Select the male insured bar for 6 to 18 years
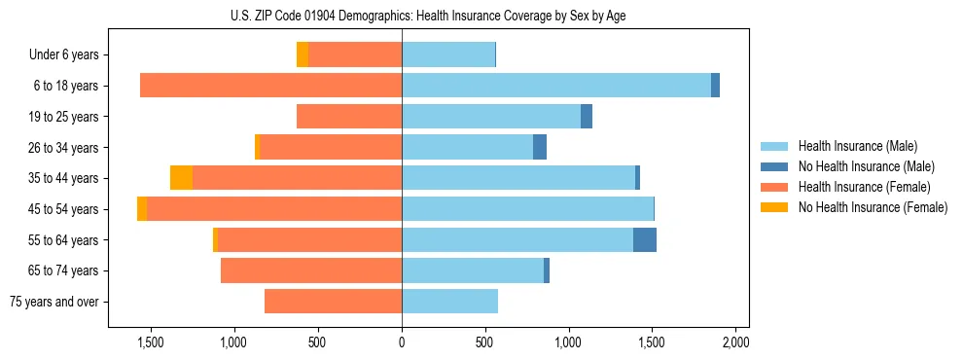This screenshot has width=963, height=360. pos(555,86)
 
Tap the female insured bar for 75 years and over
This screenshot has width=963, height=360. pos(333,302)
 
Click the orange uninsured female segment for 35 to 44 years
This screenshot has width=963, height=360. pos(181,178)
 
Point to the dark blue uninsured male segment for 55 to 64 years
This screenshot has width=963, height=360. pos(645,240)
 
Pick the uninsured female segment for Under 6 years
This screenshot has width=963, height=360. pos(303,55)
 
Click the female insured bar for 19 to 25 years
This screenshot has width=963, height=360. pos(349,117)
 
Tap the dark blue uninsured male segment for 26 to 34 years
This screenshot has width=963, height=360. pos(540,148)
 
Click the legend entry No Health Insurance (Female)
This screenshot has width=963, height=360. pos(873,207)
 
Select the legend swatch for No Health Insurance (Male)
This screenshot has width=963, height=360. pos(774,167)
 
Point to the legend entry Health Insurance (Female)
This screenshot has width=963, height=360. pos(864,187)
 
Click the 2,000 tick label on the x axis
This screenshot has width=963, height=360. pos(735,343)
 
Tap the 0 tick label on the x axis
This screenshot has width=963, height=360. pos(402,343)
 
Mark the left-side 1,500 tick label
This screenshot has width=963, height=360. pos(151,343)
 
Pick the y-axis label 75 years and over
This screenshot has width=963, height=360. pos(54,302)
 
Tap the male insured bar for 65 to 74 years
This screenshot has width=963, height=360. pos(472,271)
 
